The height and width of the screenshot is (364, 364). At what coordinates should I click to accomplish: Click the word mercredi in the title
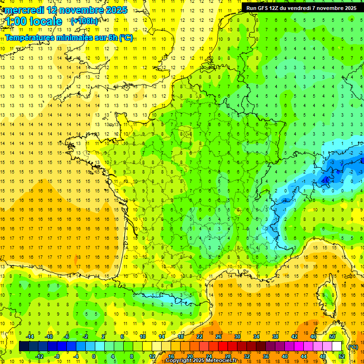click(x=24, y=10)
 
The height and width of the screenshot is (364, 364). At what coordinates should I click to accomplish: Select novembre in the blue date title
click(x=83, y=10)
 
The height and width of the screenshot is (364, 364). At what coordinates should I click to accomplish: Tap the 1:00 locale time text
click(x=34, y=21)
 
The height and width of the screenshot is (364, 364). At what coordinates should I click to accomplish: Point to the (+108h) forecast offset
click(x=84, y=21)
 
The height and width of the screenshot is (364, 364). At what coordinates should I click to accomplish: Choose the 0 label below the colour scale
click(x=93, y=356)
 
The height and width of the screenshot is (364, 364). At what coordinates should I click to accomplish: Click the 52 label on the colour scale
click(x=342, y=356)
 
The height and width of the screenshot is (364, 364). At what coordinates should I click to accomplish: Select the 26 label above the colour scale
click(x=218, y=337)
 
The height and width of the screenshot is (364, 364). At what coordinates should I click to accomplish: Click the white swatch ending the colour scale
click(x=337, y=346)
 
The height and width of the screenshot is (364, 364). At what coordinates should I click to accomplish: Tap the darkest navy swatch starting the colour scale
click(x=24, y=346)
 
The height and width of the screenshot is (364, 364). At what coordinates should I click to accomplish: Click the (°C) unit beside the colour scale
click(x=353, y=347)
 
